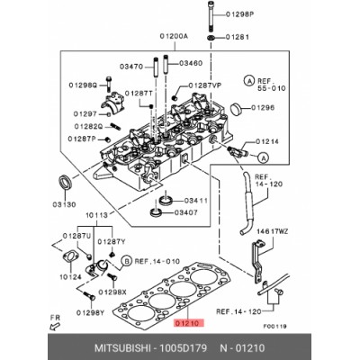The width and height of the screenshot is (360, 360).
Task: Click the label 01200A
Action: pos(173,37)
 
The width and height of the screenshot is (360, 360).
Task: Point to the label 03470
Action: pos(133,65)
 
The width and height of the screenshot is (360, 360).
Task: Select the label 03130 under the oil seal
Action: pos(65,204)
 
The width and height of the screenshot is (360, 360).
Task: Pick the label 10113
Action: pos(98,216)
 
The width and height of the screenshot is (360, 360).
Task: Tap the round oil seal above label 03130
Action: pos(64,181)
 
